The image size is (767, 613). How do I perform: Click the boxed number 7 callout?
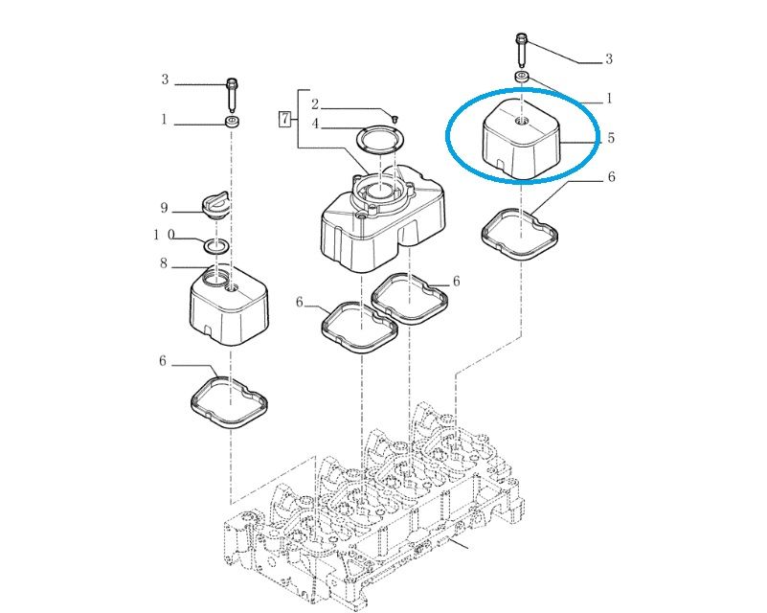point(284,119)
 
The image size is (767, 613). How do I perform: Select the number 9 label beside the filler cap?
point(165,209)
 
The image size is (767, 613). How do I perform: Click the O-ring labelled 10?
point(215,246)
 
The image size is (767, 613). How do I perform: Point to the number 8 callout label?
point(164,263)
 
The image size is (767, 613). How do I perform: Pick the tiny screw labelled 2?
point(395,118)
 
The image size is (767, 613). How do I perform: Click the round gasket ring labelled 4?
point(381,139)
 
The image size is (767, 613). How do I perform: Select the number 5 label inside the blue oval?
point(611,138)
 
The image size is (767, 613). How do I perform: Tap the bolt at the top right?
point(522,51)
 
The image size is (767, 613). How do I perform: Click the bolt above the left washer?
point(232,95)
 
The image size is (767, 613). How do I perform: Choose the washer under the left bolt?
point(232,122)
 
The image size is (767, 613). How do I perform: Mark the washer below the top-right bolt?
point(522,78)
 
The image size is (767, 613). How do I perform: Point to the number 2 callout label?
point(315,103)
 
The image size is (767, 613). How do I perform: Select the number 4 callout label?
point(315,124)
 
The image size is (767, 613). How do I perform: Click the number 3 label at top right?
point(609,59)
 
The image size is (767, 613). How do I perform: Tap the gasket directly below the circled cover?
point(520,234)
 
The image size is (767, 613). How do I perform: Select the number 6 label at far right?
point(612,177)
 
